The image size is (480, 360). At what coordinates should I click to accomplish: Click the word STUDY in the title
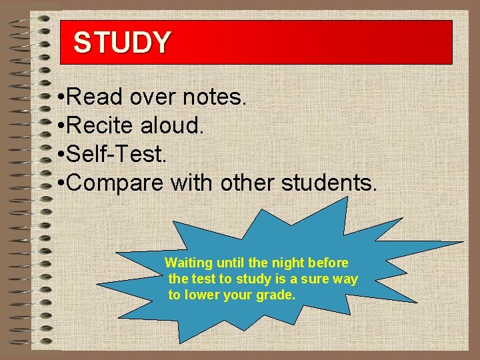point(122,43)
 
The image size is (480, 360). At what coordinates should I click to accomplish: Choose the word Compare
point(115,183)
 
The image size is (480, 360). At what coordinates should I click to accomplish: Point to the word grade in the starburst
point(275,295)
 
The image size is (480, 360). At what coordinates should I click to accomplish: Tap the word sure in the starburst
point(317,279)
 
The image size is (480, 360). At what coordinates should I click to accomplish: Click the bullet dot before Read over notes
point(61,98)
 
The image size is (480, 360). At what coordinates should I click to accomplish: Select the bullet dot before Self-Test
point(61,155)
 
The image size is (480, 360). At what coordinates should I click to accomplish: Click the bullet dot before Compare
point(61,184)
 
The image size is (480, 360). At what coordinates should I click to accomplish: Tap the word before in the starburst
point(329,263)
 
